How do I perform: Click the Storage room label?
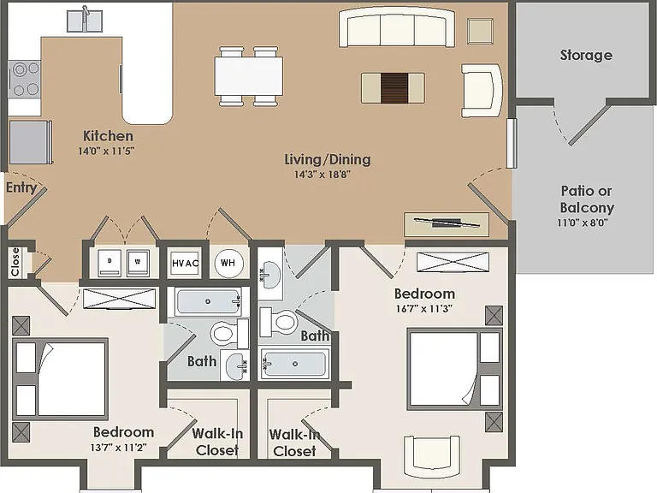click(586, 55)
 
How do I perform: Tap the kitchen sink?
click(85, 21)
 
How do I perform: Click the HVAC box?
click(185, 264)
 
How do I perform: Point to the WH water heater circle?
click(228, 263)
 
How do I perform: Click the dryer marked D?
click(109, 263)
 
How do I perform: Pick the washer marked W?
click(138, 263)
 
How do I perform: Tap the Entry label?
click(21, 187)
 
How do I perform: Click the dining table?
click(248, 76)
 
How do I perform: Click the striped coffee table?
click(393, 87)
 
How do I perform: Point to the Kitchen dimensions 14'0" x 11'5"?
click(106, 151)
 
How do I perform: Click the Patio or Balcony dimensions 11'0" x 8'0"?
click(583, 223)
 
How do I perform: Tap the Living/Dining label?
click(328, 159)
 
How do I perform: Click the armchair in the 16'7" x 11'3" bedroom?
click(431, 452)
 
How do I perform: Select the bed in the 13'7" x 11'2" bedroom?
click(60, 379)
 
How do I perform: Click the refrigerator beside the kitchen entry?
click(31, 142)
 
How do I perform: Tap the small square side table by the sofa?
click(480, 31)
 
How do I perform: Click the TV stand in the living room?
click(447, 224)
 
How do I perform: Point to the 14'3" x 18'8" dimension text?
click(323, 174)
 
